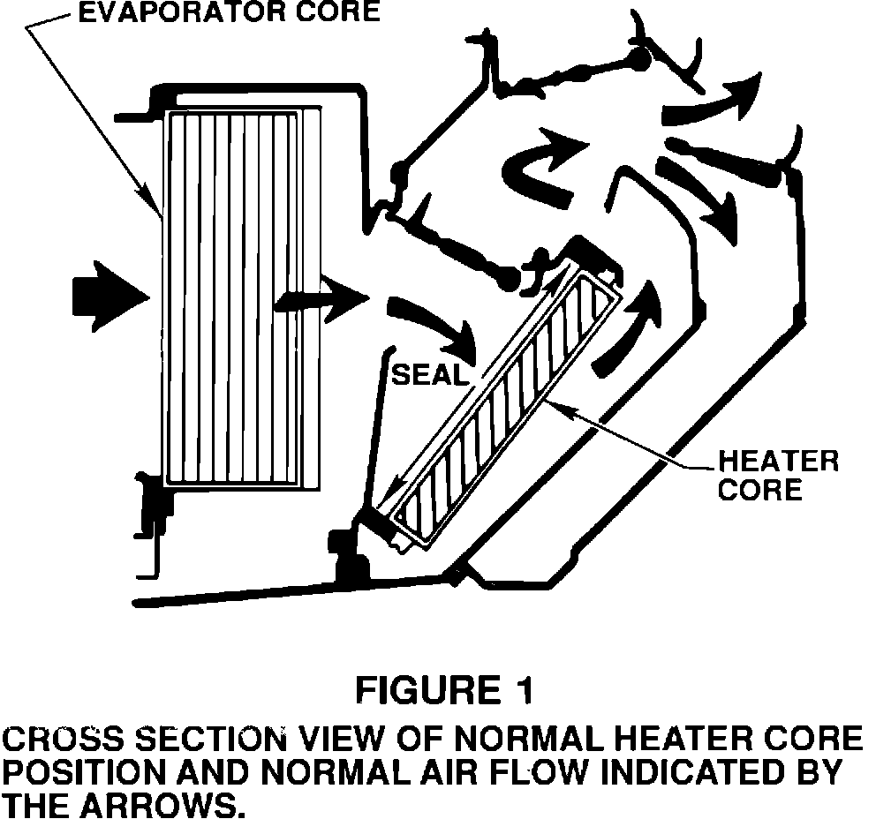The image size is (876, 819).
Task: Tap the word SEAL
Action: [x=428, y=374]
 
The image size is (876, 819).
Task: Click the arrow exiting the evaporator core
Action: [x=322, y=301]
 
